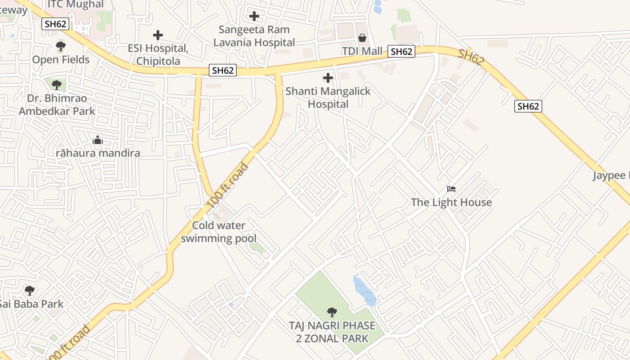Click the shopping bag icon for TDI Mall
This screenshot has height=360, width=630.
[362, 38]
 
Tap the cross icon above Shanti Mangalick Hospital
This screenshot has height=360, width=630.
[328, 78]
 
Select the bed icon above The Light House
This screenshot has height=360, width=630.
[451, 189]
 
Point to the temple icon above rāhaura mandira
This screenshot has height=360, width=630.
[98, 140]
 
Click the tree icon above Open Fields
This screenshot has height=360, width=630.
[60, 46]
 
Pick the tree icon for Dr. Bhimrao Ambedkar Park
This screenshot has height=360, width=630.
[56, 85]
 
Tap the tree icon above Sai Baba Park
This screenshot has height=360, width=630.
[30, 291]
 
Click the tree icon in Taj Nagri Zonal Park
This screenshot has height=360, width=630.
[332, 312]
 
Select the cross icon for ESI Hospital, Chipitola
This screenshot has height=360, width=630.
[157, 35]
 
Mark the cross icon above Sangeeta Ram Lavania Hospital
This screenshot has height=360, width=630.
[254, 17]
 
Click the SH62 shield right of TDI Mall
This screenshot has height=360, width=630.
[401, 52]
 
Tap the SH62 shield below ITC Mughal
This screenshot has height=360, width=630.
[56, 24]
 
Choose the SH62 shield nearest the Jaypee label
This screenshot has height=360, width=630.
[528, 106]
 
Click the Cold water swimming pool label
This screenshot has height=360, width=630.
[219, 232]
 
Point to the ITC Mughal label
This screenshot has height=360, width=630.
[76, 5]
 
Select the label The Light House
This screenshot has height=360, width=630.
[451, 202]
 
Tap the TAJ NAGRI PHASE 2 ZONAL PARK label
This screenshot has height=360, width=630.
[332, 332]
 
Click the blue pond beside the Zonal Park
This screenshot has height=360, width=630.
[364, 291]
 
